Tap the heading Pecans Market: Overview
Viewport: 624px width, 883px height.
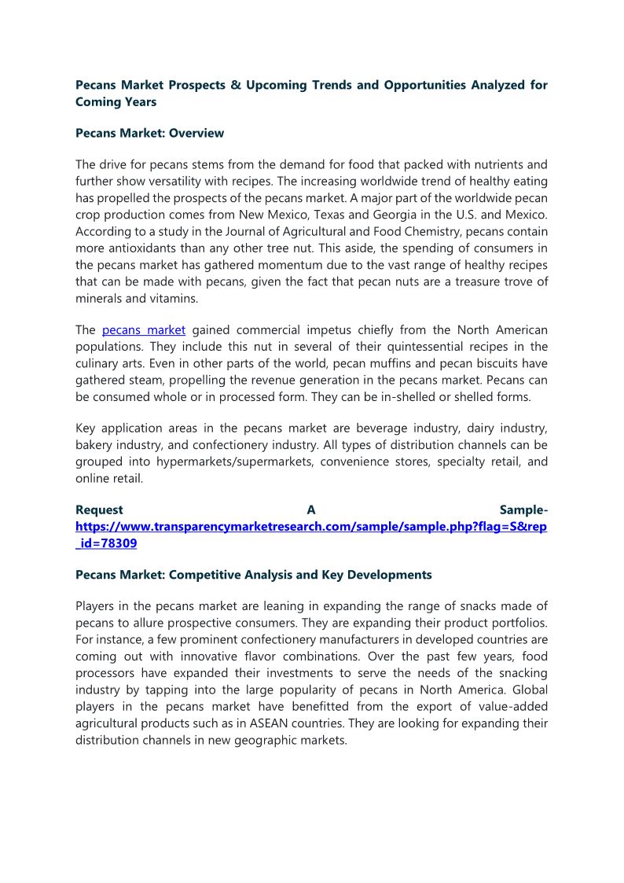pos(149,133)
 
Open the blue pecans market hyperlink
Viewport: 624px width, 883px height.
pos(144,329)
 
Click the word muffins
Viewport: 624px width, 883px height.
pos(367,363)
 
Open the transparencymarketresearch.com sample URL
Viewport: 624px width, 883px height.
pos(311,526)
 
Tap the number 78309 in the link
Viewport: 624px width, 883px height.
pos(119,543)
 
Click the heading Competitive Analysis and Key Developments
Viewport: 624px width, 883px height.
pos(299,575)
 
